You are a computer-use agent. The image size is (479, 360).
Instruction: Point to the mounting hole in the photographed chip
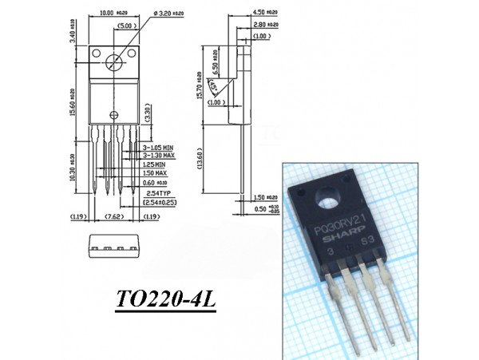click(327, 197)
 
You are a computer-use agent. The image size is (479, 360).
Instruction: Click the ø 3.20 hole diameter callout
click(173, 13)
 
